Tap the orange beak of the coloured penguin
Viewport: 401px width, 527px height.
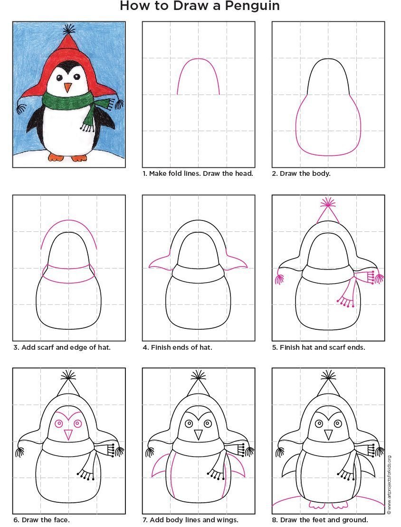68,87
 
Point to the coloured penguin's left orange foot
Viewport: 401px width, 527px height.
56,157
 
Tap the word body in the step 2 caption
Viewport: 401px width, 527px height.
322,174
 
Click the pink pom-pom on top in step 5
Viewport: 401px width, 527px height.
328,202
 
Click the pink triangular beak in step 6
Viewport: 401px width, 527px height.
68,435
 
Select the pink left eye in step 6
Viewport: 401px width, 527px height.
59,423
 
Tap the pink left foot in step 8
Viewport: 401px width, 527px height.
315,505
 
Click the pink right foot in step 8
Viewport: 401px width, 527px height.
340,505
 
